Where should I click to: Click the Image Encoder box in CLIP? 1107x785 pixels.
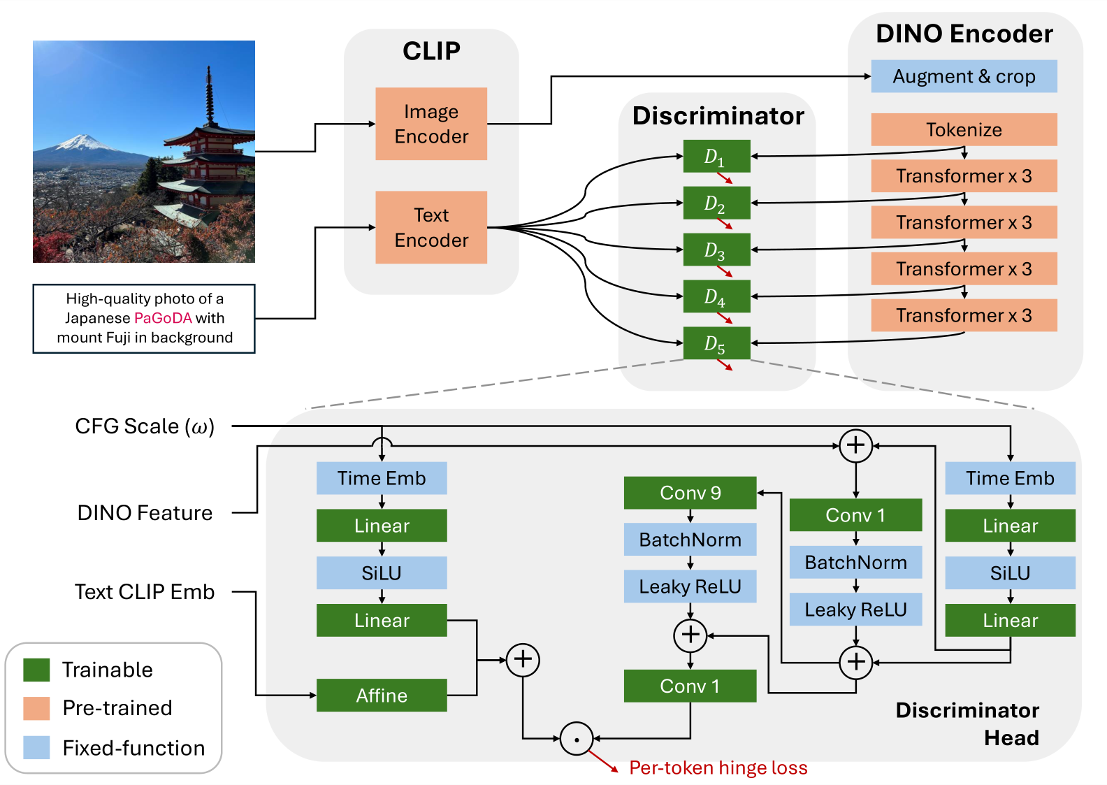(x=431, y=124)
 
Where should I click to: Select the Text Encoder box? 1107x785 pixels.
(x=431, y=227)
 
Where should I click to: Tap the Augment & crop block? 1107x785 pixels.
(x=964, y=76)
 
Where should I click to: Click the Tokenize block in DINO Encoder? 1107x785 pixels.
(x=964, y=129)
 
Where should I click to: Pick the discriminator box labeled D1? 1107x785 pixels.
(x=716, y=156)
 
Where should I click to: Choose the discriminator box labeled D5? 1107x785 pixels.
(x=716, y=343)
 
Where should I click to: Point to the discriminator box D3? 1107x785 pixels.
(x=716, y=250)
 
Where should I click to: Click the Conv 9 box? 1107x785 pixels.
(x=690, y=493)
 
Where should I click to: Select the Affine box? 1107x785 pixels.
(x=382, y=696)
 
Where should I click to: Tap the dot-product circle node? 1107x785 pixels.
(x=577, y=739)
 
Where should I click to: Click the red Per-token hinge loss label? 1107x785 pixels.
(x=718, y=768)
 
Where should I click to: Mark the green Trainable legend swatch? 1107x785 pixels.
(x=36, y=669)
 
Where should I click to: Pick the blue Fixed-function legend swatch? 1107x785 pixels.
(x=36, y=747)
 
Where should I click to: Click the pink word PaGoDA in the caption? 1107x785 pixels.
(x=163, y=318)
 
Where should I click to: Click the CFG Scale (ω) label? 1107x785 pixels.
(x=145, y=426)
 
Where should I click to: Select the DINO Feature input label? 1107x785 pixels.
(x=145, y=513)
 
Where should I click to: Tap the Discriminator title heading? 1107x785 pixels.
(x=718, y=116)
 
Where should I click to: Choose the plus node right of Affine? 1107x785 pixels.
(x=523, y=659)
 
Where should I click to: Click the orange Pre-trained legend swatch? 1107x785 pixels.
(x=36, y=708)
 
